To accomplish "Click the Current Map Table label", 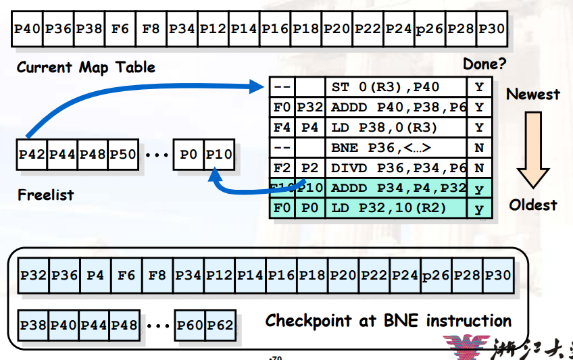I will [x=86, y=67].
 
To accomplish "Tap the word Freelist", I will [x=45, y=195].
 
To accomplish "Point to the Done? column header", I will [x=484, y=65].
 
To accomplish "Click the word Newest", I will [x=533, y=94].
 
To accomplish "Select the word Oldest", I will [x=533, y=205].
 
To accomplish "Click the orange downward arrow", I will [x=533, y=150].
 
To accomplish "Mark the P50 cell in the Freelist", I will [x=123, y=154].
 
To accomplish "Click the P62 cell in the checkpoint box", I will [x=220, y=326].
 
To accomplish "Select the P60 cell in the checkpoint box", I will [x=189, y=326].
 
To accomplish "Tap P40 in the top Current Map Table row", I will [x=28, y=29].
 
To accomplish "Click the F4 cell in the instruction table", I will [x=282, y=128].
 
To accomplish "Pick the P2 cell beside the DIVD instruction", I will [x=310, y=168].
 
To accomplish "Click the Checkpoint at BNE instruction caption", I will [x=388, y=320].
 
